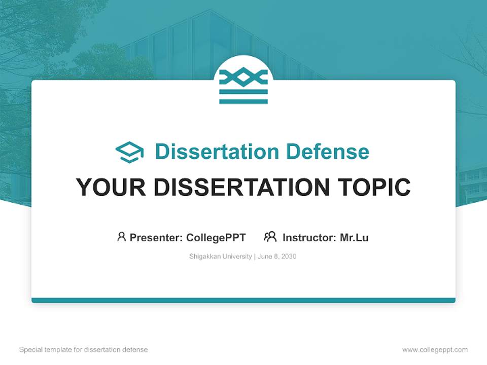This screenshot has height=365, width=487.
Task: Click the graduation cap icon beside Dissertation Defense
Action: pos(129,152)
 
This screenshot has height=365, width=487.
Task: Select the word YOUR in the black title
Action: pos(111,187)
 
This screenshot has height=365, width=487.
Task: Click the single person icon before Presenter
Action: pos(121,237)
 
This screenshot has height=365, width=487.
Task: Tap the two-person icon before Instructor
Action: pos(270,237)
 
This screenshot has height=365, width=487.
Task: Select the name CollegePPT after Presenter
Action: pos(216,237)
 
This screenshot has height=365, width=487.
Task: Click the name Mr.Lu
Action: pos(354,237)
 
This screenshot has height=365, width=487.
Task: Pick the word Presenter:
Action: pos(156,237)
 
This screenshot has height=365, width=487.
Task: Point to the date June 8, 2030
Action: pos(277,257)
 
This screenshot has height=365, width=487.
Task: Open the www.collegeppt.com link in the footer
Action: pos(435,350)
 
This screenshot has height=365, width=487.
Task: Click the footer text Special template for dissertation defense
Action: pos(84,350)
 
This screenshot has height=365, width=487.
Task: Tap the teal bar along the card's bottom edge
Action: pos(243,300)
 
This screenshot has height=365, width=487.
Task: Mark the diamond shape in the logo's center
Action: pos(243,78)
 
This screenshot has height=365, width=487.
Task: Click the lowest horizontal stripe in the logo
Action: pos(243,101)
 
